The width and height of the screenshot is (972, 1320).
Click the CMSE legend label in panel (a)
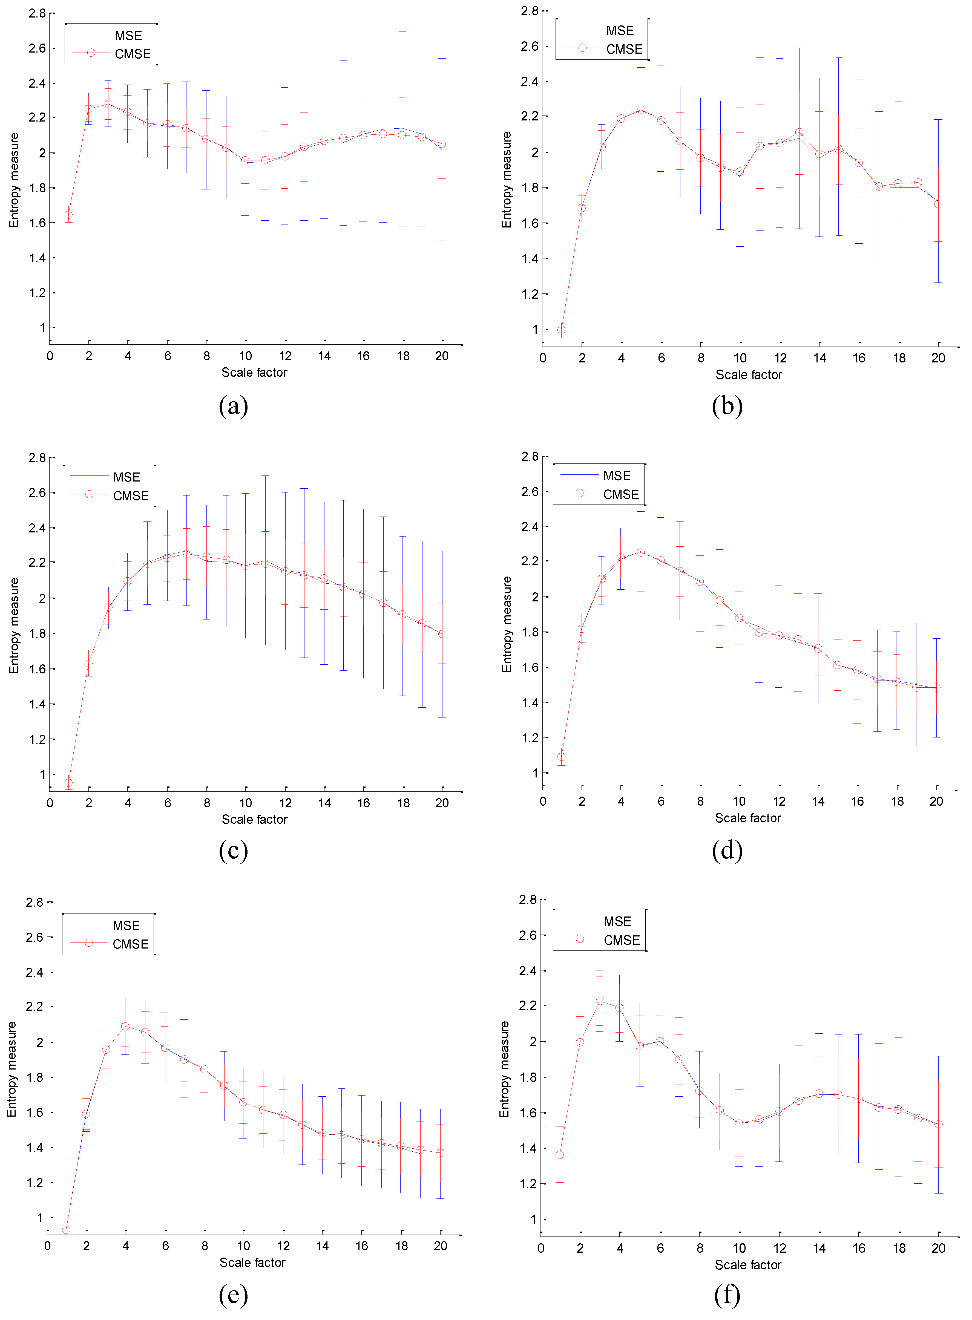(133, 54)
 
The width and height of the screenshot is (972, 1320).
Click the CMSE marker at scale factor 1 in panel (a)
(68, 215)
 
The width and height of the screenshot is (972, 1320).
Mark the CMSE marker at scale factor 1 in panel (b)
(561, 330)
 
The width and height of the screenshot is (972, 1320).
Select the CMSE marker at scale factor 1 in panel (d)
(561, 757)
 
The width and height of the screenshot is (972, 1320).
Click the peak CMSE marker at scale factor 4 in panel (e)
(125, 1027)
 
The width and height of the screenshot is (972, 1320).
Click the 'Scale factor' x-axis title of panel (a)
(254, 372)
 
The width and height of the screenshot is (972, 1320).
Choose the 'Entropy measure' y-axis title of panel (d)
(506, 624)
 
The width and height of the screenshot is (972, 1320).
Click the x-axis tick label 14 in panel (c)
(324, 803)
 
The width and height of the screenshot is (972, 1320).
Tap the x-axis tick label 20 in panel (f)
(938, 1248)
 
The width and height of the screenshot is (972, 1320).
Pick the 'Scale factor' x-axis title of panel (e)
(252, 1262)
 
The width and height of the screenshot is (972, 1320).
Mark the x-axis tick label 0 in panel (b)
(542, 358)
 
